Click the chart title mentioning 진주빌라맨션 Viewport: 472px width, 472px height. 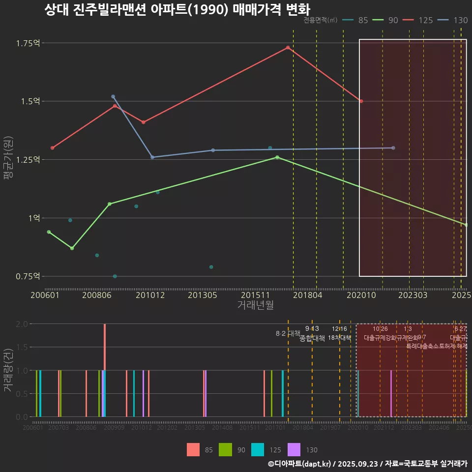tap(177, 10)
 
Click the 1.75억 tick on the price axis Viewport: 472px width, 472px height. tap(28, 43)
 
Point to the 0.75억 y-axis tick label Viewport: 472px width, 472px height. tap(28, 276)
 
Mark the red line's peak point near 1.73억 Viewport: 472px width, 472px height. tap(288, 48)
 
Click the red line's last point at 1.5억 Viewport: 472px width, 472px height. tap(361, 101)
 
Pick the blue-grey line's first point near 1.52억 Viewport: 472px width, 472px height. tap(113, 96)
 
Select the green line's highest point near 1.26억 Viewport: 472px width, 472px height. tap(277, 157)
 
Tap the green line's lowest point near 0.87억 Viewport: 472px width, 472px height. tap(72, 248)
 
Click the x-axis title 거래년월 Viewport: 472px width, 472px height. tap(255, 305)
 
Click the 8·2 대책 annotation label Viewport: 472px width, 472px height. tap(288, 333)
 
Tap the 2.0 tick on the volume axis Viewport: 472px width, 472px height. tap(23, 324)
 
